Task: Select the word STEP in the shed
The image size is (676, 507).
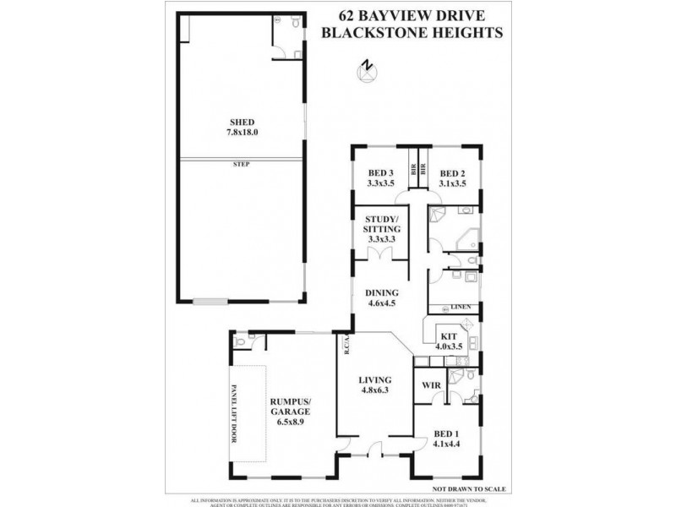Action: (242, 163)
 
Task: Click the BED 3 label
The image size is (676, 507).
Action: (381, 172)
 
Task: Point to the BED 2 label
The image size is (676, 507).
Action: (454, 172)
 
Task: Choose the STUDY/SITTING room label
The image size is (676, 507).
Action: (381, 224)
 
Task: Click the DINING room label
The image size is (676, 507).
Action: (382, 293)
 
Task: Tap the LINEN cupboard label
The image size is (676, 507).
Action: (460, 306)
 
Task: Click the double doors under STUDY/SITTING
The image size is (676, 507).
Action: (381, 255)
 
